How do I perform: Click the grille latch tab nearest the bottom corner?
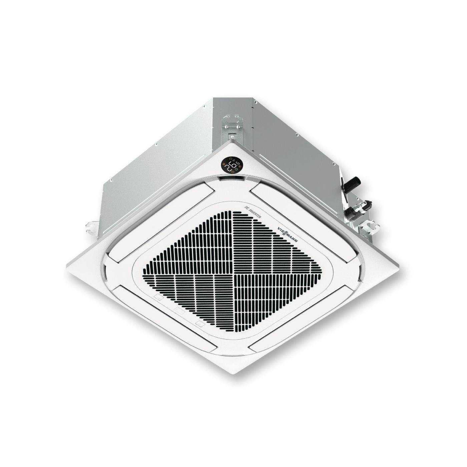click(200, 323)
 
